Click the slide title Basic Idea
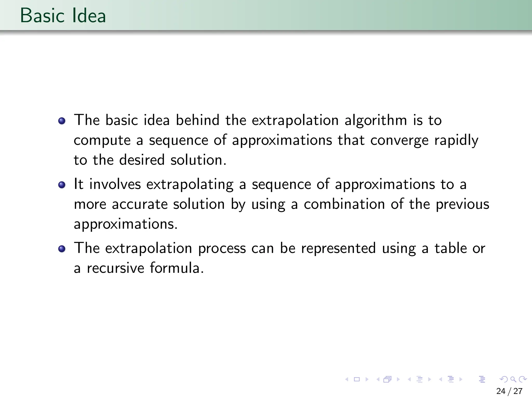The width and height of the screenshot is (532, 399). [x=63, y=16]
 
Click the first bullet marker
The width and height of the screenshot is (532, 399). [x=62, y=121]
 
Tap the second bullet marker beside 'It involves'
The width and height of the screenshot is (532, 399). [x=62, y=185]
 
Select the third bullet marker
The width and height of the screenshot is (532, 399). [x=62, y=249]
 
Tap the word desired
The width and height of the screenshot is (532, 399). [x=142, y=160]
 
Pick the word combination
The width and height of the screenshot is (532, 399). [x=344, y=204]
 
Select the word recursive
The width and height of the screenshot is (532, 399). [x=115, y=268]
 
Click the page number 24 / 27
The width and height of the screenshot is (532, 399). [x=509, y=391]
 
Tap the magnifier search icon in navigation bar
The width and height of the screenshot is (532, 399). [x=513, y=380]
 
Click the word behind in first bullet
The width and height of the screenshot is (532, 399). [x=197, y=120]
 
